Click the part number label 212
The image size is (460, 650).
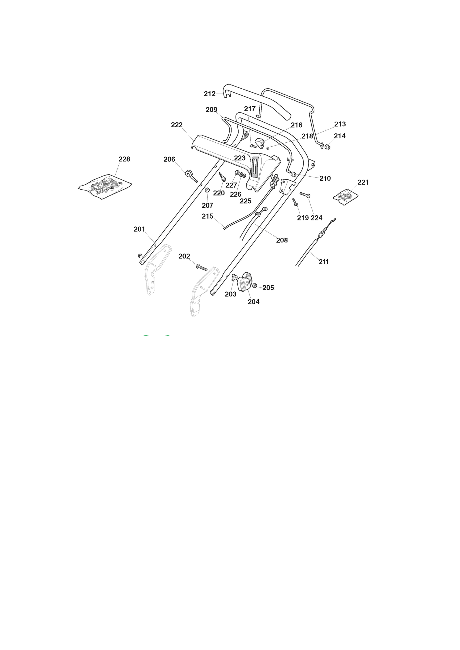click(209, 94)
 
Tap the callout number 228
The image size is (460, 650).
click(124, 159)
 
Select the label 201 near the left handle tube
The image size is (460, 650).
click(139, 229)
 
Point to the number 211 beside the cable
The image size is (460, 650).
click(323, 262)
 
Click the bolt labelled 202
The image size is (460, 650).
click(201, 267)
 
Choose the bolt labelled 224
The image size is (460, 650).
click(305, 195)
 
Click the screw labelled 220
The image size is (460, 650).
click(223, 177)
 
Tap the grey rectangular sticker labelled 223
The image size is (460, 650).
click(254, 167)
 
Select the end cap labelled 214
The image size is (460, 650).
click(328, 146)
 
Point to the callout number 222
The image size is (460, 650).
click(177, 125)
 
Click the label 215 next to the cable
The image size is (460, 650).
click(207, 216)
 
